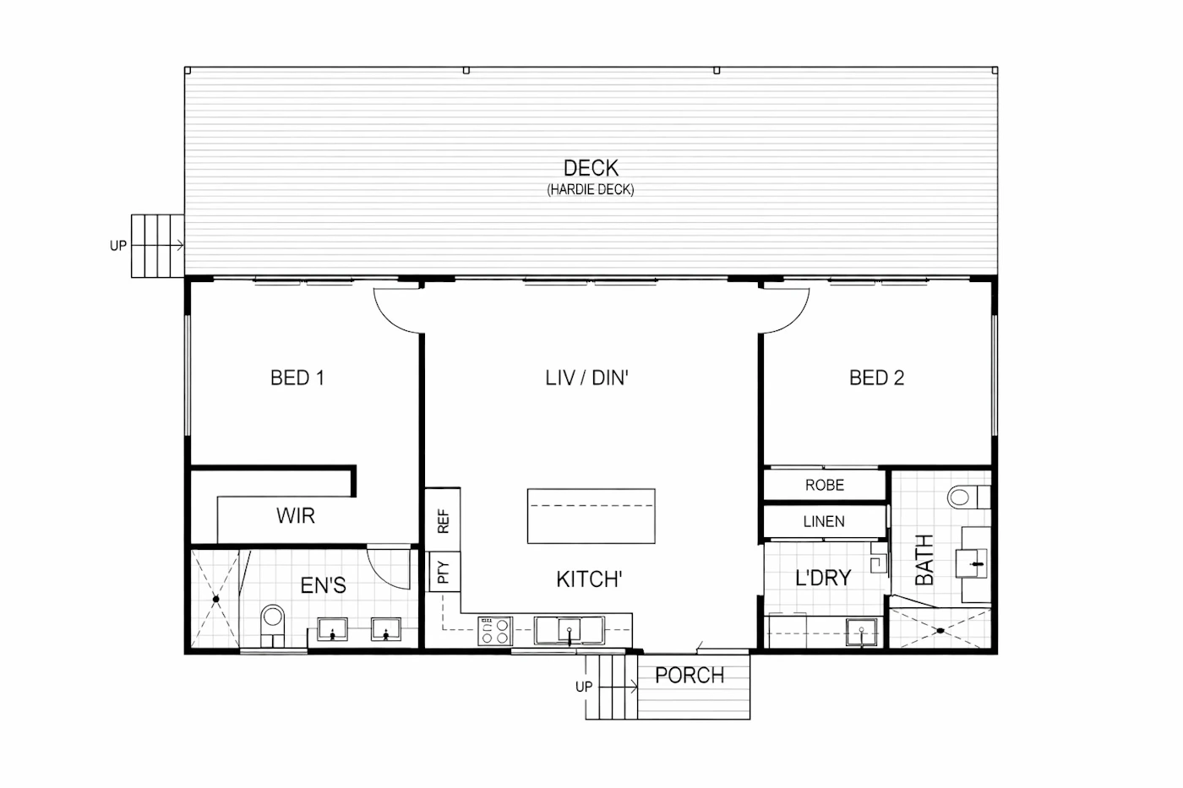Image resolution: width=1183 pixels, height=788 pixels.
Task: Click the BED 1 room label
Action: coord(297,378)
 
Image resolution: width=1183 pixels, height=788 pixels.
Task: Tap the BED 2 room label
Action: coord(877,378)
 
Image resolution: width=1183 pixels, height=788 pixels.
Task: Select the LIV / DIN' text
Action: coord(586,378)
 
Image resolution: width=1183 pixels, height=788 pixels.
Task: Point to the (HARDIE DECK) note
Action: coord(591,189)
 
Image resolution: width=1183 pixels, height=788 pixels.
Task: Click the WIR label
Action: coord(296,516)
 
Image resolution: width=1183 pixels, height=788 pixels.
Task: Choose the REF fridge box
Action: coord(443,519)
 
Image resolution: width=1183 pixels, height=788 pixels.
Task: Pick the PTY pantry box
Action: coord(443,572)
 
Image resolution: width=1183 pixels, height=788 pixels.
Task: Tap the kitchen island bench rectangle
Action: coord(591,516)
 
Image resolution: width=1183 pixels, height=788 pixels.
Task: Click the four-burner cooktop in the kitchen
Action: coord(495,631)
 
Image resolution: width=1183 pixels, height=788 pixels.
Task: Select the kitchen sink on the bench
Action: coord(569,631)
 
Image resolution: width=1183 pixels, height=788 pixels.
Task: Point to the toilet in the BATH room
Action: coord(968,497)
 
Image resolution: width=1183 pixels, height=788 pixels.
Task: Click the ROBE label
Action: coord(825,485)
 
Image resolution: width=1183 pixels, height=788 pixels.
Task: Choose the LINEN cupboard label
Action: coord(824,521)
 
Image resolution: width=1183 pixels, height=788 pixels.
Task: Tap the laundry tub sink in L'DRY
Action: coord(861,633)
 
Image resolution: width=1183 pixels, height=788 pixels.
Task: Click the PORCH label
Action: coord(690,676)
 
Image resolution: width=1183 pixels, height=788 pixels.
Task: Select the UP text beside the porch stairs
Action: coord(584,687)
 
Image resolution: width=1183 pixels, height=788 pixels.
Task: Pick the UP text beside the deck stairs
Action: coord(118,246)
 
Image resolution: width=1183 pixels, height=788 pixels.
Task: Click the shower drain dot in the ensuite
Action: coord(216,599)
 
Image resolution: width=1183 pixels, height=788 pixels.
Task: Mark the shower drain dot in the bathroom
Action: coord(940,630)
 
